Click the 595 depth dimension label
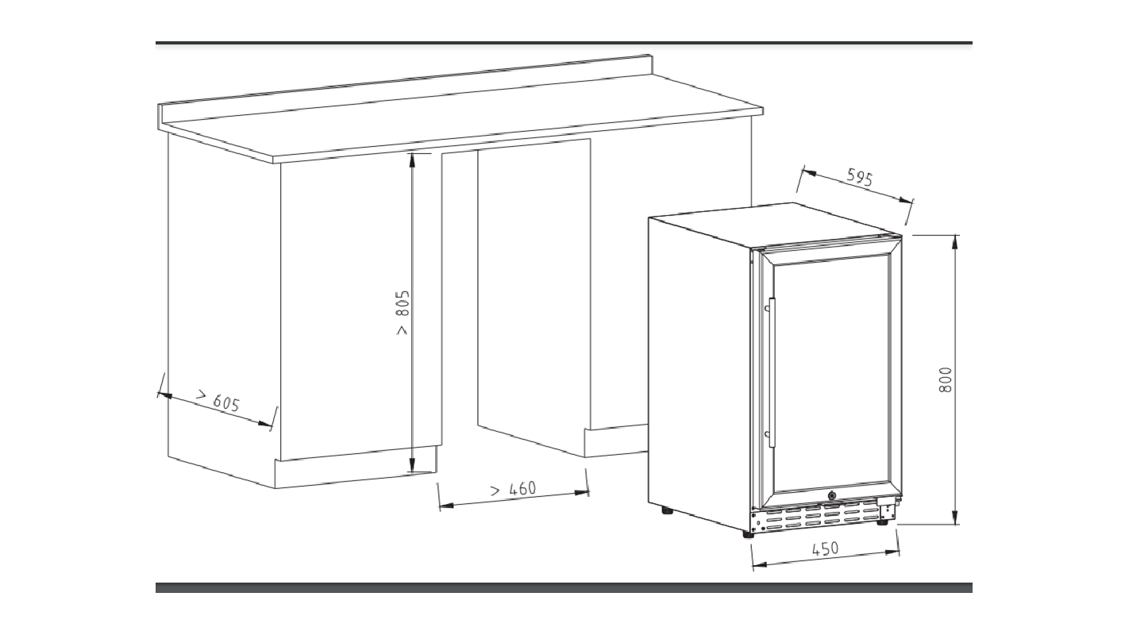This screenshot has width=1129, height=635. [x=859, y=178]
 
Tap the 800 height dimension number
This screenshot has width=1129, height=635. [x=946, y=379]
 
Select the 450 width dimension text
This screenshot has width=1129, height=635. [x=825, y=548]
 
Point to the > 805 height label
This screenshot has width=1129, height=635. [x=403, y=313]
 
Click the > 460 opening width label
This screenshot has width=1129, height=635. [x=513, y=489]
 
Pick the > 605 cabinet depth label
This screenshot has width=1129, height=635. [x=218, y=401]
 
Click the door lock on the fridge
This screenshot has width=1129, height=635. [x=831, y=496]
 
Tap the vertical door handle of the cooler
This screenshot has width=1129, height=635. [x=771, y=372]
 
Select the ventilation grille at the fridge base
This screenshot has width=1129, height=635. [x=820, y=517]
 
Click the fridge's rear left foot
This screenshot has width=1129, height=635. [x=668, y=510]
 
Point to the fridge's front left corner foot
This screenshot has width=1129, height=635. [x=749, y=534]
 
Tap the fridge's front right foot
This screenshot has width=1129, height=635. [x=882, y=522]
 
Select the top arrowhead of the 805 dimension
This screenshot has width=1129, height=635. [x=412, y=160]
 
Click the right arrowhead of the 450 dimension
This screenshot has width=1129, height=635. [x=892, y=552]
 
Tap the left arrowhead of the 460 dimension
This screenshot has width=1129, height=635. [x=446, y=505]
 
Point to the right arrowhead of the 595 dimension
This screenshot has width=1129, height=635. [x=906, y=200]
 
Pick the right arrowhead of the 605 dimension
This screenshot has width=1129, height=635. [x=265, y=423]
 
